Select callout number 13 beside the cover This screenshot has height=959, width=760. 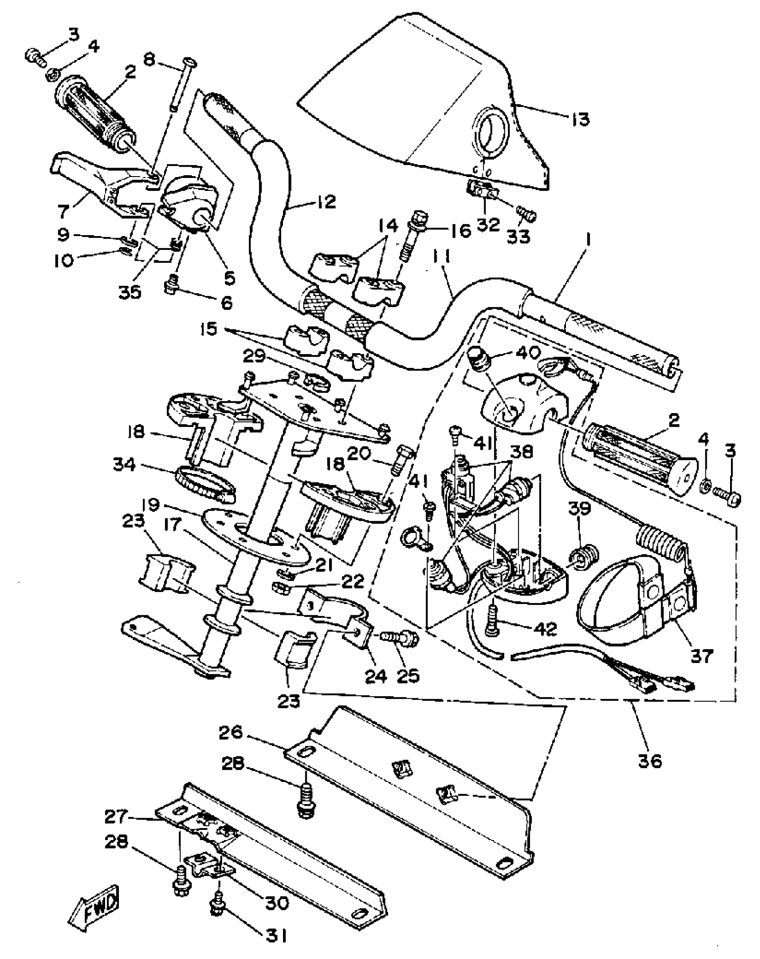click(580, 119)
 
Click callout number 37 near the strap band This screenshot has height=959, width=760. click(701, 656)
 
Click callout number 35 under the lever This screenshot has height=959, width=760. click(130, 292)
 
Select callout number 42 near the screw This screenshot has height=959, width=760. click(545, 629)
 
